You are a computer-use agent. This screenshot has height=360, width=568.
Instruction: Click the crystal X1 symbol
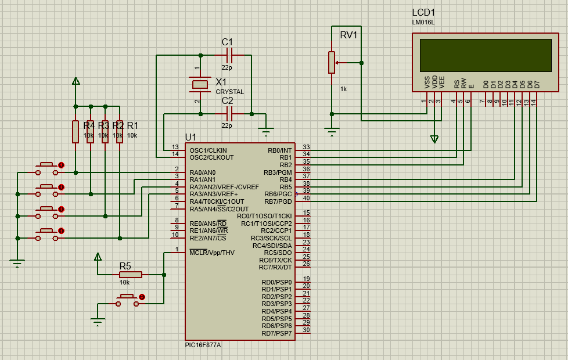tap(200, 84)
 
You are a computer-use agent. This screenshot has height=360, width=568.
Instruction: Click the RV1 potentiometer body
tap(332, 63)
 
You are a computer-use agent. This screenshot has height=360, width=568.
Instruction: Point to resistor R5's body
tap(131, 275)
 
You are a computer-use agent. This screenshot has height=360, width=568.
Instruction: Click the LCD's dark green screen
tap(486, 55)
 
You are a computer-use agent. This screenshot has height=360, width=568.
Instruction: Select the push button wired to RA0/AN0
tap(47, 169)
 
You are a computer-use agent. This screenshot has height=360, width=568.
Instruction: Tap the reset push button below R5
tap(128, 300)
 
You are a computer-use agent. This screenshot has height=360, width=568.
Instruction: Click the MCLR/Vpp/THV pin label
tap(212, 253)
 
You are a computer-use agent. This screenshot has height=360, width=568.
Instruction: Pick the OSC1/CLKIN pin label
tap(208, 150)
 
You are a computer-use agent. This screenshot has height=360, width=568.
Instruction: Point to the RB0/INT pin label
tap(280, 150)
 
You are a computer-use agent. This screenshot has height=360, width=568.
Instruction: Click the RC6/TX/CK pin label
tap(275, 260)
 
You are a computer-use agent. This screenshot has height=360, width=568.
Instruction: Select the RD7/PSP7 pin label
tap(277, 333)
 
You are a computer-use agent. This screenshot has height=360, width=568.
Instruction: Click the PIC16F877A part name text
tap(203, 345)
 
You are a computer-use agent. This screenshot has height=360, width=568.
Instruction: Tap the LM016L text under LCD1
tap(423, 22)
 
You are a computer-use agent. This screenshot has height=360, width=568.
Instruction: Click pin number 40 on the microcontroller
tap(307, 198)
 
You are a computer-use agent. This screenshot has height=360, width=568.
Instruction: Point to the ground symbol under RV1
tap(332, 131)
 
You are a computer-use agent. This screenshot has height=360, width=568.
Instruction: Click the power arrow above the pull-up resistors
tap(76, 81)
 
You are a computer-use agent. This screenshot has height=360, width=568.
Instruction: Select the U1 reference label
tap(190, 137)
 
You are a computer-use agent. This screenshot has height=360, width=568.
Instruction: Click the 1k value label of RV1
tap(343, 89)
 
